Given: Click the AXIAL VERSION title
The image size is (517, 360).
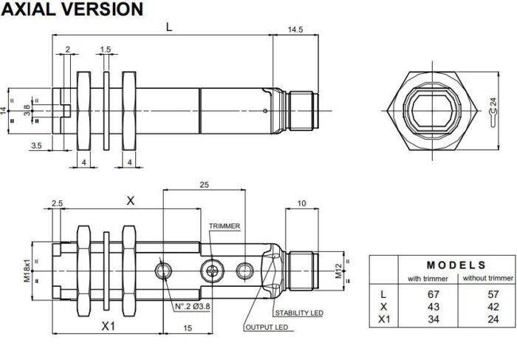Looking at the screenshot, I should click(x=72, y=10).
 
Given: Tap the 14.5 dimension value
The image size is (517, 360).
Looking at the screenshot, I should click(x=295, y=30).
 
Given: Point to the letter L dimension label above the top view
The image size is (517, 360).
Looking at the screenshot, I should click(x=169, y=27).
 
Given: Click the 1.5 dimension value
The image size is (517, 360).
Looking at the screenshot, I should click(x=106, y=50).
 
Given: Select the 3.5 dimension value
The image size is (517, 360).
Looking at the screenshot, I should click(x=36, y=146).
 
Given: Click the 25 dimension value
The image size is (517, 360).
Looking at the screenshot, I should click(x=204, y=184).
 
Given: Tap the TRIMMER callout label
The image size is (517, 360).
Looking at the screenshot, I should click(x=224, y=226).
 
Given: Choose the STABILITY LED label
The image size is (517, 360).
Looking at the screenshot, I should click(x=298, y=313).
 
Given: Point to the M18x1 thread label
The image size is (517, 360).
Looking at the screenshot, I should click(x=26, y=271).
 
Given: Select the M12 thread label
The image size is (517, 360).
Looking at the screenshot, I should click(x=338, y=271).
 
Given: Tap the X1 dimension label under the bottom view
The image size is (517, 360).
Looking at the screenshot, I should click(x=109, y=325).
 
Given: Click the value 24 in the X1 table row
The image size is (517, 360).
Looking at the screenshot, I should click(x=486, y=319).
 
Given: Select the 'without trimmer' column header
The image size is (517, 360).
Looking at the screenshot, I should click(x=487, y=278).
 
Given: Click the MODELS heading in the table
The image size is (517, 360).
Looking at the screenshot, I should click(x=456, y=265).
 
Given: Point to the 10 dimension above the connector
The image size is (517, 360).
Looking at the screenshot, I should click(x=301, y=203).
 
